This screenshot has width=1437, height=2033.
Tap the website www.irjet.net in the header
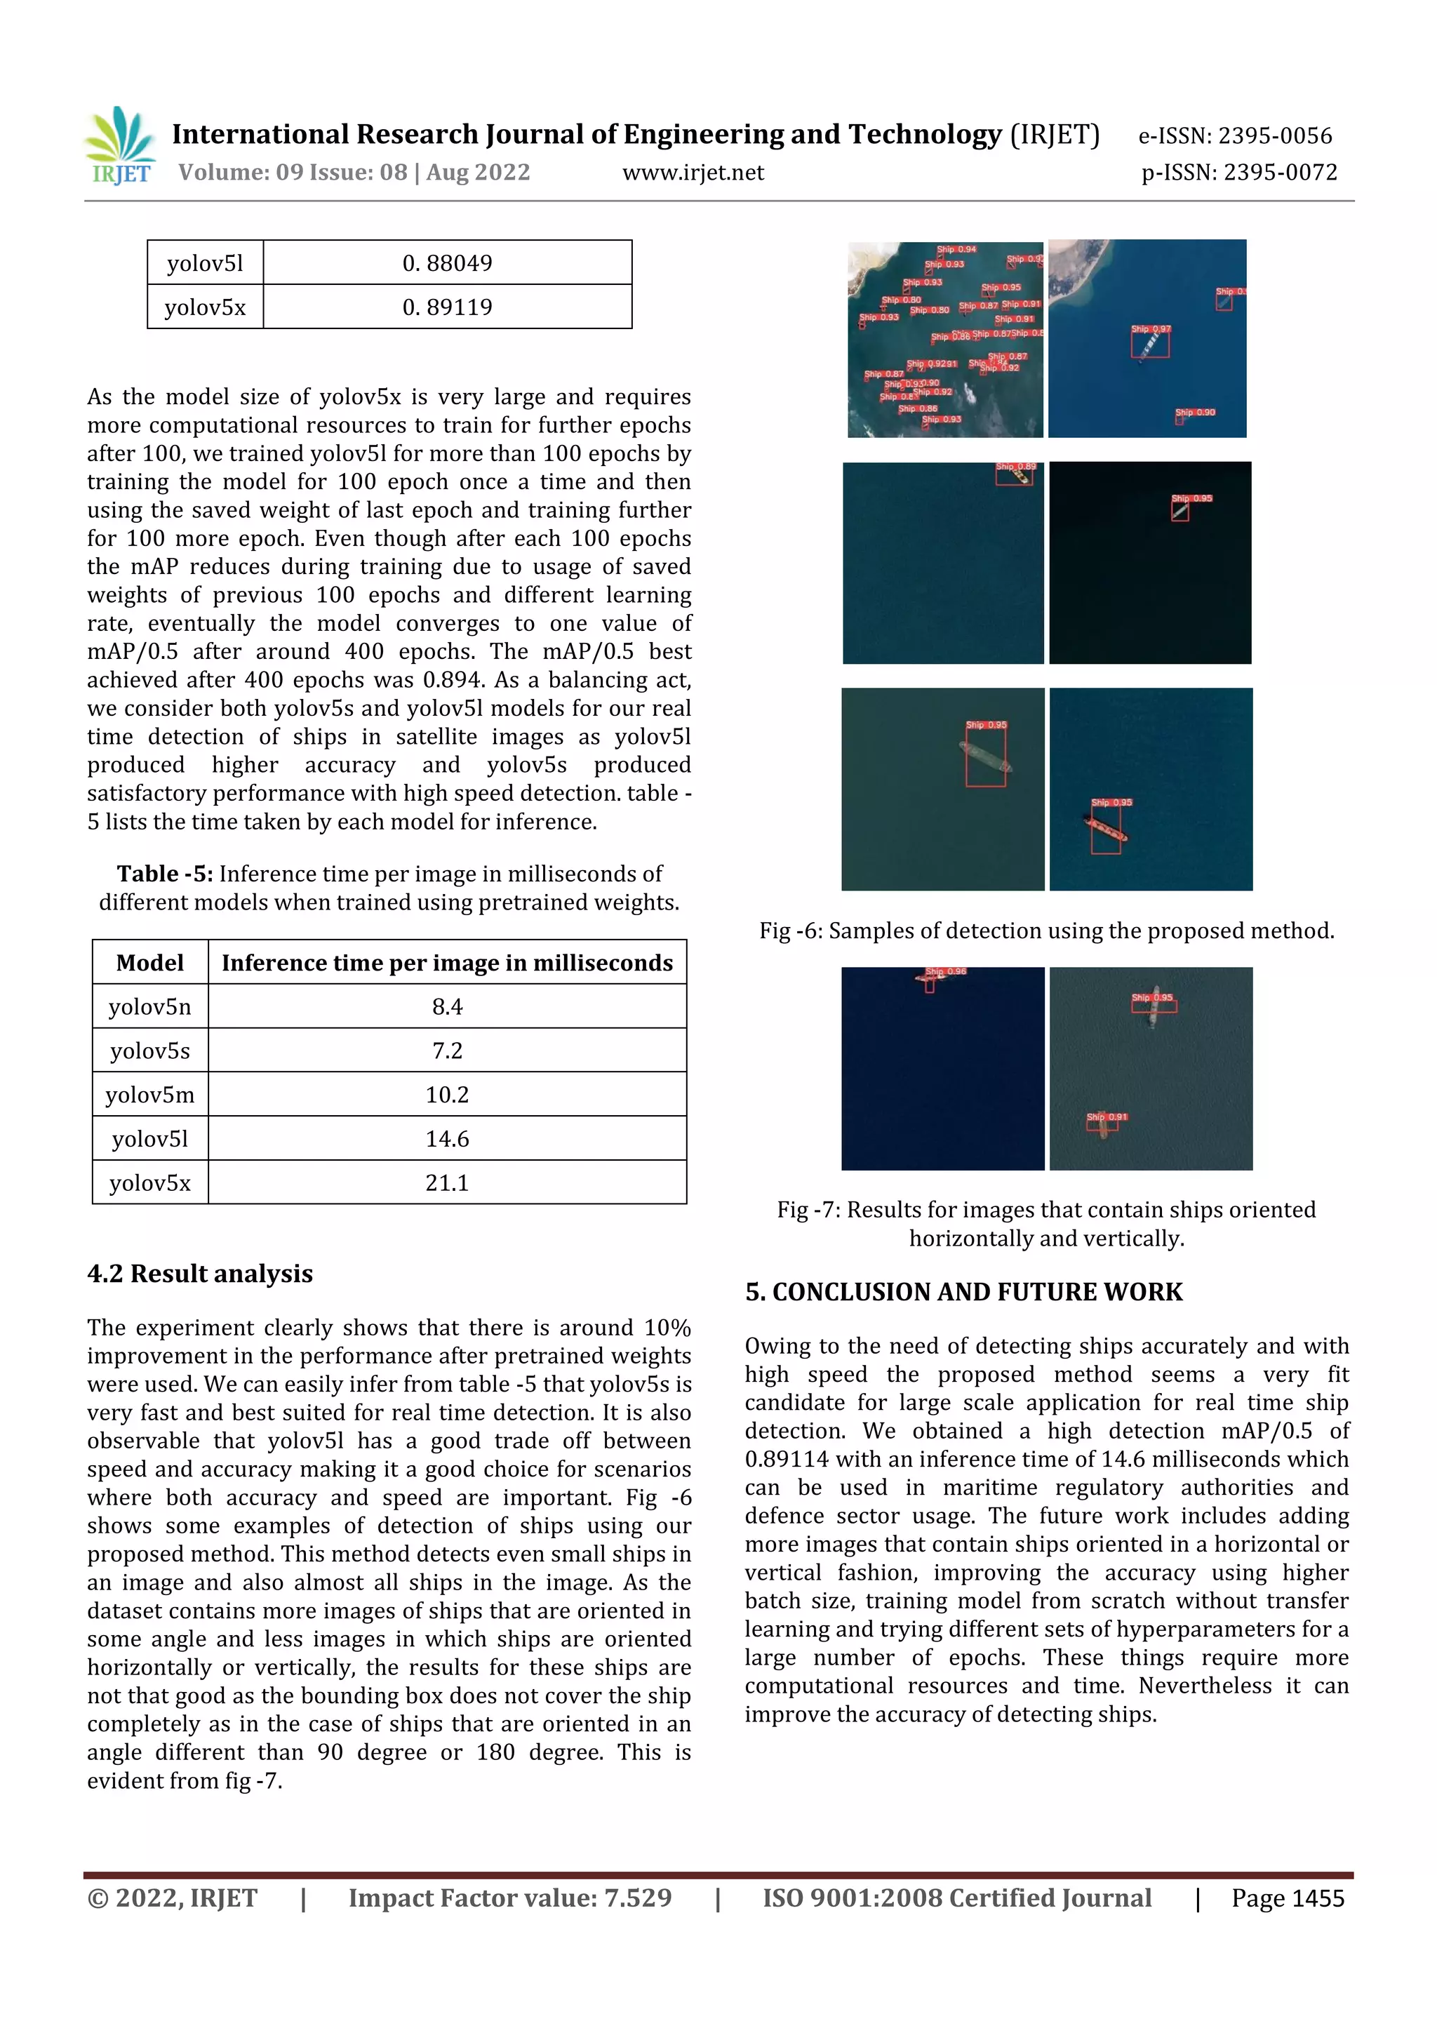(693, 173)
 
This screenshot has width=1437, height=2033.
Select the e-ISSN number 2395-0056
(1235, 135)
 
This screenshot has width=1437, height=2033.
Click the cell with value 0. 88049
(447, 263)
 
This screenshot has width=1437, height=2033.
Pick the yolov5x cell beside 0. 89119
(206, 307)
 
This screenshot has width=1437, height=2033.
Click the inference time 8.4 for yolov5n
(447, 1007)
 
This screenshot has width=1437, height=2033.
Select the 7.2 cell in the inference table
(447, 1051)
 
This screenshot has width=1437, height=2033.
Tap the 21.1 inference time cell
(447, 1183)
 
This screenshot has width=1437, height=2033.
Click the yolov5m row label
(149, 1095)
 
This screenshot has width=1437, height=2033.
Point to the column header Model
(149, 963)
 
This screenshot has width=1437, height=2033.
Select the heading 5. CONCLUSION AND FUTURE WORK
(963, 1292)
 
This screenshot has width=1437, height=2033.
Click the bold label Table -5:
(165, 874)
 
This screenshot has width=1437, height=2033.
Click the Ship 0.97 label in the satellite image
(1151, 329)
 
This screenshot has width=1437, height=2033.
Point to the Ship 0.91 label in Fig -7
(1107, 1117)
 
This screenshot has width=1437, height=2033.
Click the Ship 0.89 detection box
(1015, 474)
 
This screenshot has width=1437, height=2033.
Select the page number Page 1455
(1288, 1898)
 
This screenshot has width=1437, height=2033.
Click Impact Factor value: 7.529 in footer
(510, 1898)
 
